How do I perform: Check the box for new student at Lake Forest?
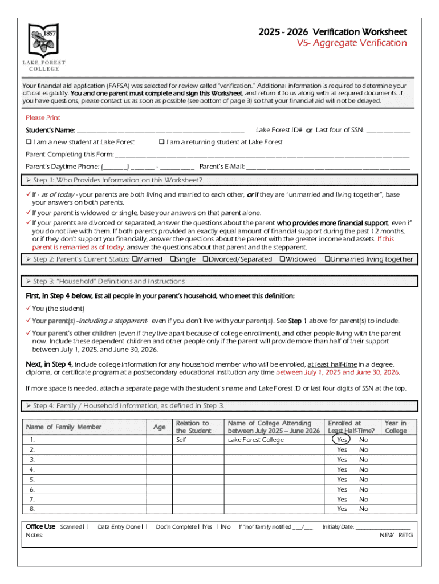[29, 142]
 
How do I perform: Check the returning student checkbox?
[162, 142]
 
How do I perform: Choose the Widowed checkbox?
[282, 259]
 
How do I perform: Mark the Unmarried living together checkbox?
[327, 259]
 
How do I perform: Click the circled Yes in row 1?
[342, 440]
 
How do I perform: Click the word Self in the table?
[181, 440]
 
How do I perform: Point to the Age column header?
[160, 427]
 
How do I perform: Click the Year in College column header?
[396, 427]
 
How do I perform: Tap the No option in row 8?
[364, 509]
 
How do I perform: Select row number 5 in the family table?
[32, 480]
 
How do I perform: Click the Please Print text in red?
[43, 117]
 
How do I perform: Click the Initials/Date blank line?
[383, 527]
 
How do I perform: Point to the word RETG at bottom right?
[405, 535]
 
